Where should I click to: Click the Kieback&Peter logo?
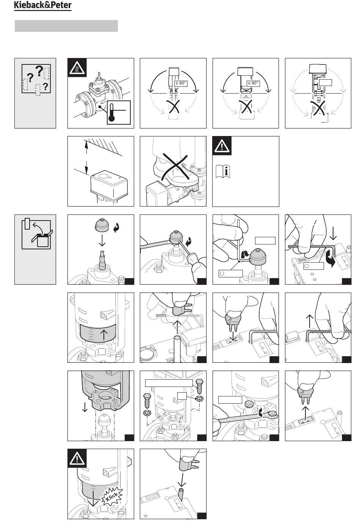tap(42, 6)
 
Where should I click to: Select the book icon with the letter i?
tap(225, 171)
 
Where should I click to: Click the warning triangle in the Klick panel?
tap(77, 459)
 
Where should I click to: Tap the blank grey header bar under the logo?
tap(66, 26)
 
